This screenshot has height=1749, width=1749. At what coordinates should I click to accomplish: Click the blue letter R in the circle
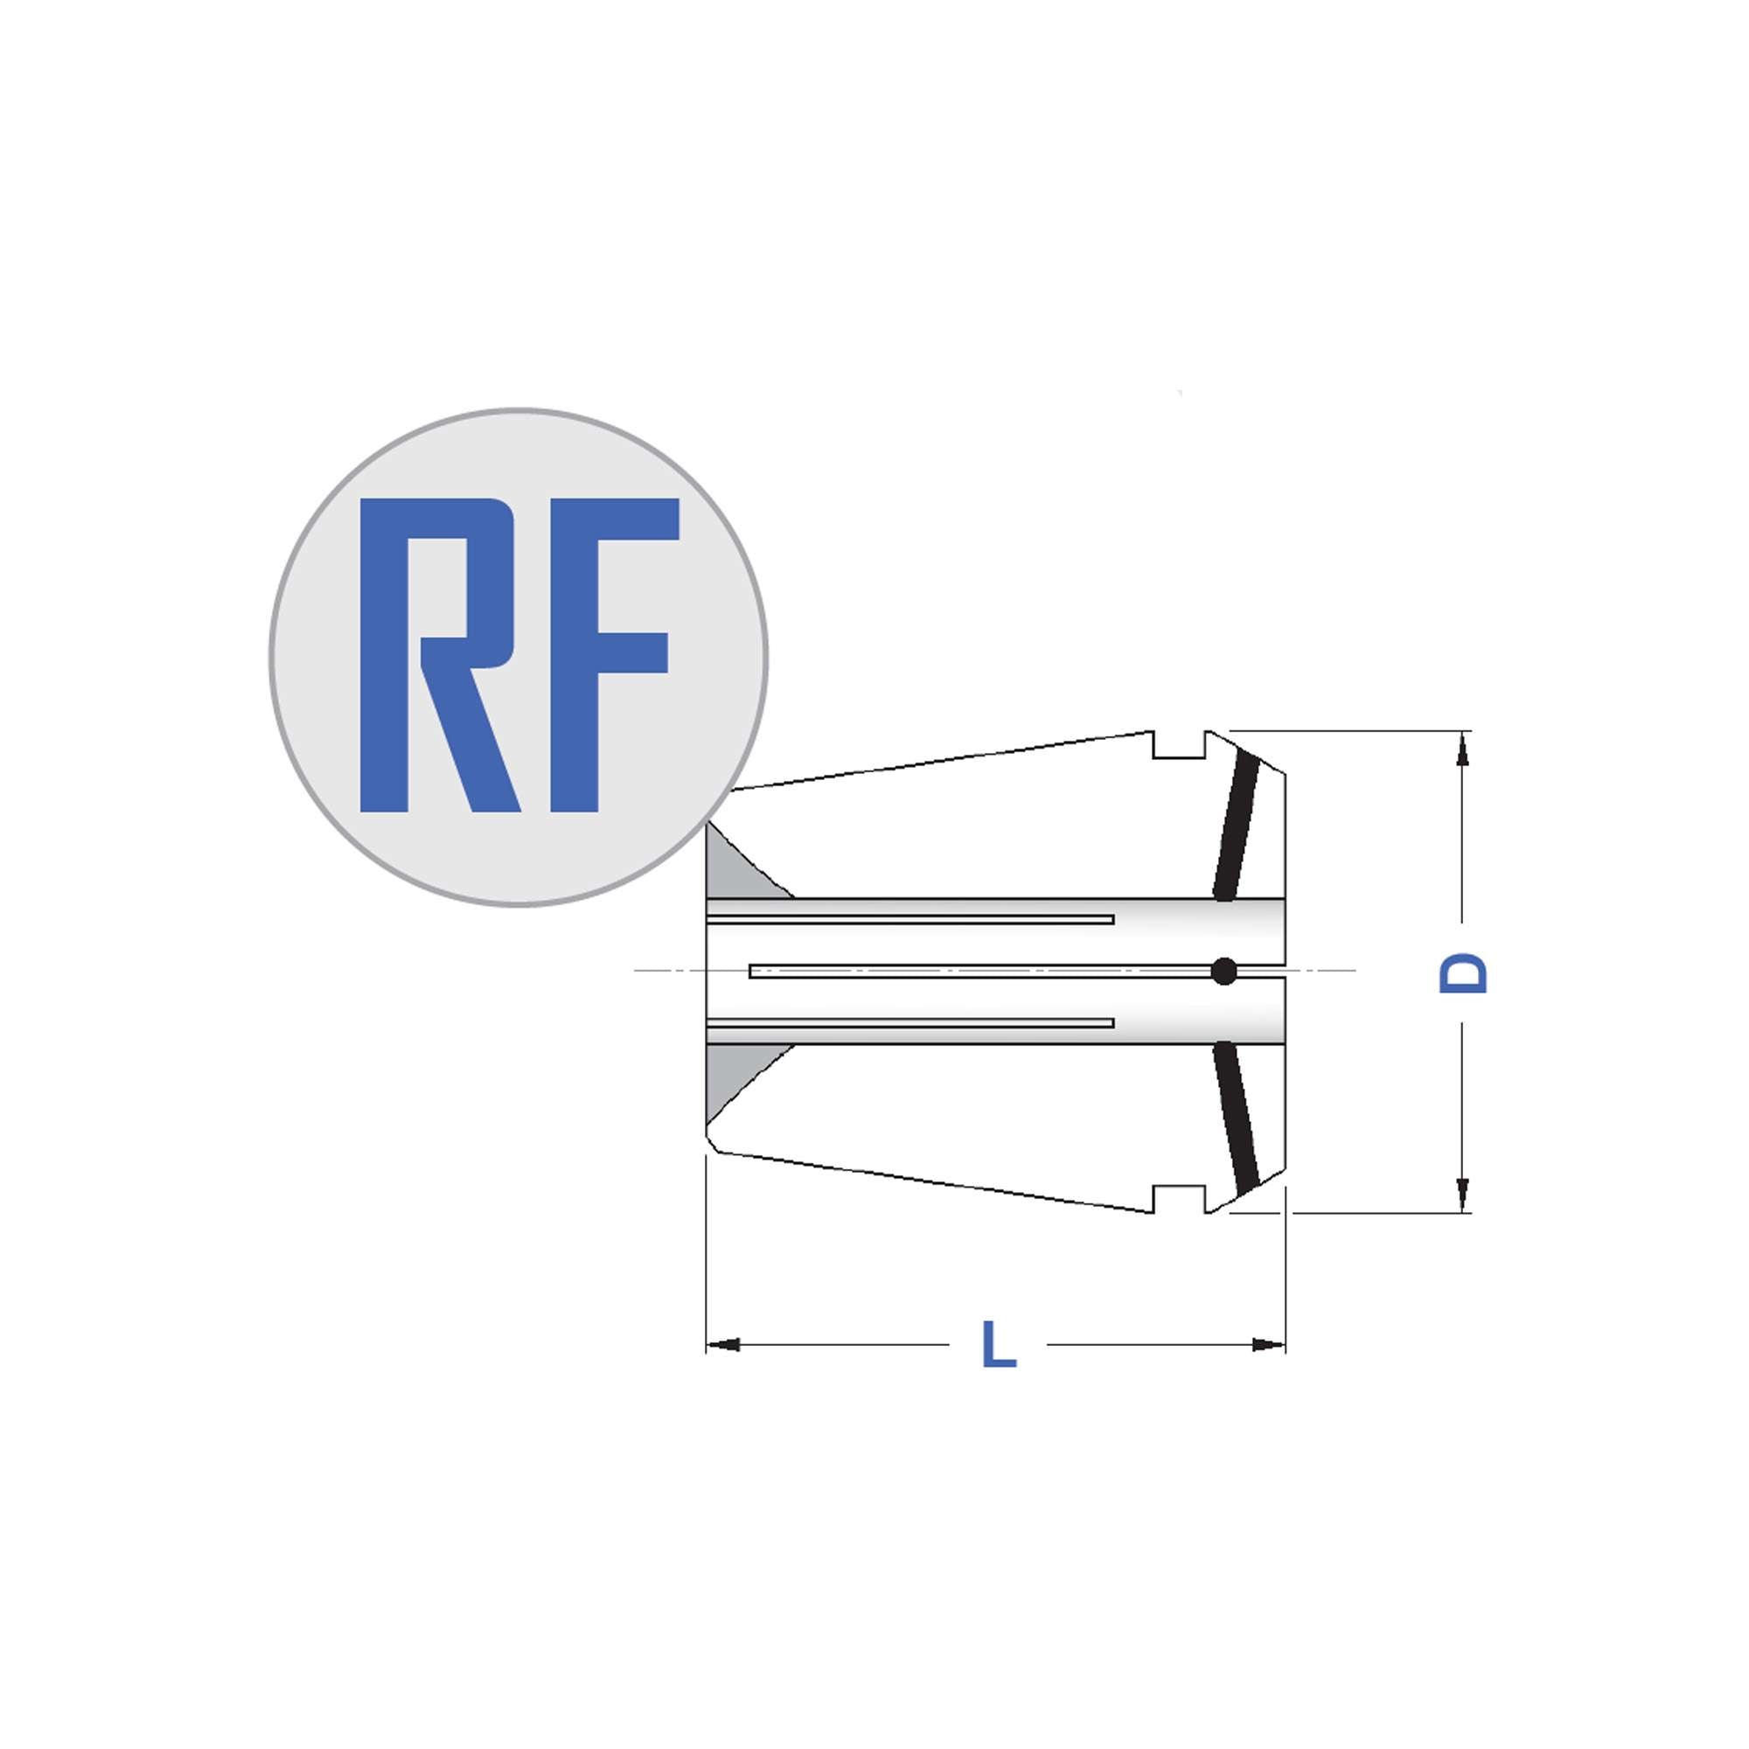pos(439,654)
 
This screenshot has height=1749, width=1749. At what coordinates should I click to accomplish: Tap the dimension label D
pos(1463,973)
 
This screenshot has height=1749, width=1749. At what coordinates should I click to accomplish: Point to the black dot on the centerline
pos(1224,972)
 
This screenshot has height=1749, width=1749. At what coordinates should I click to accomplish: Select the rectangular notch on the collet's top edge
pos(1179,745)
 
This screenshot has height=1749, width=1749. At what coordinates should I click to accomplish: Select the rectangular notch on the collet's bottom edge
pos(1179,1199)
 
